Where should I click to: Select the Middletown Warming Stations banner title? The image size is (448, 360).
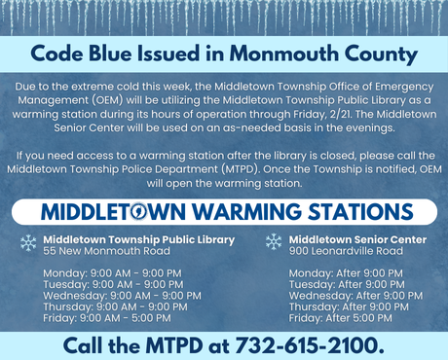coord(223,211)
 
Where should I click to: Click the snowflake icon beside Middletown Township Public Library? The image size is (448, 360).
coord(28,242)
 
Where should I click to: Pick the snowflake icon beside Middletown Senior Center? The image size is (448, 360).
coord(274,242)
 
